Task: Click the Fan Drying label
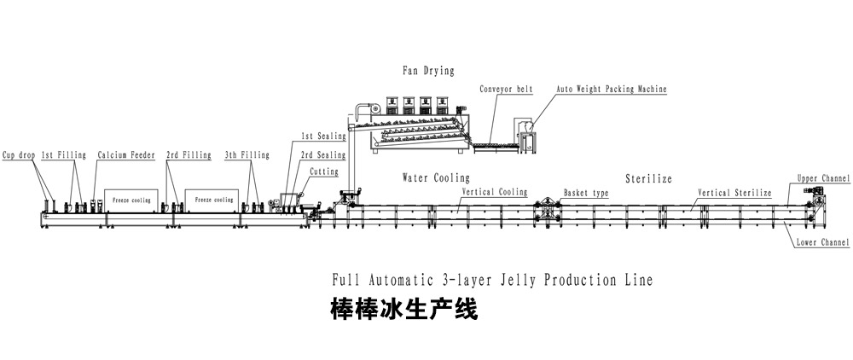point(428,70)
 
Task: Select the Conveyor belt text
point(506,89)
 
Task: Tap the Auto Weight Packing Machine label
point(612,89)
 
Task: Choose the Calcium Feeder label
point(125,155)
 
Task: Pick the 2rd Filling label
point(189,155)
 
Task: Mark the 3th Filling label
point(247,155)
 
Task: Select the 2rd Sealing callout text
point(322,155)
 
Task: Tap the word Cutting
point(323,171)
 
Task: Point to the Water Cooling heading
point(436,178)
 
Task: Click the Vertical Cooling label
point(495,193)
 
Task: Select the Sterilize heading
point(649,179)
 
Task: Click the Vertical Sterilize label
point(734,194)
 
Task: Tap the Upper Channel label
point(823,179)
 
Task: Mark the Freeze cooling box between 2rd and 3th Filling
point(213,200)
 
